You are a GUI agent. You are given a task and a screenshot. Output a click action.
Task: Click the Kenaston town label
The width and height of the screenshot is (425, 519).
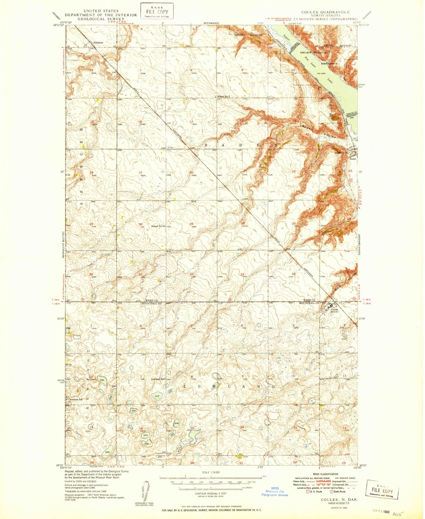98,42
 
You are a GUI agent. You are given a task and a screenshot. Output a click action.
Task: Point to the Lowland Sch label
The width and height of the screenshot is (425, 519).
158,379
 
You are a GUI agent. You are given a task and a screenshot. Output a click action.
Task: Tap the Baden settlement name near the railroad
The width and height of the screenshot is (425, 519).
353,159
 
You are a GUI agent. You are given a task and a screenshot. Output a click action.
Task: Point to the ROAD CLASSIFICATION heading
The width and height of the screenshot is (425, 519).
326,474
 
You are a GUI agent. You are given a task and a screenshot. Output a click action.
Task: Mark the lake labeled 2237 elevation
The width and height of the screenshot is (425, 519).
157,396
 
